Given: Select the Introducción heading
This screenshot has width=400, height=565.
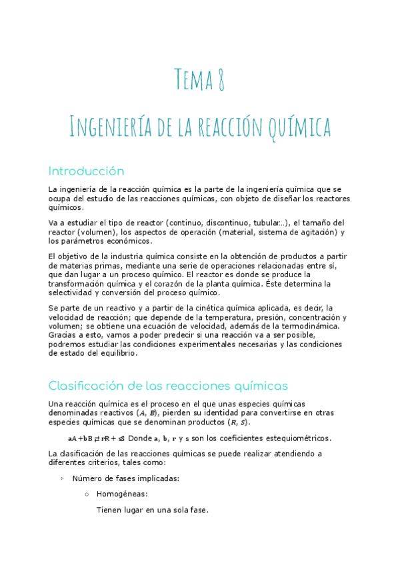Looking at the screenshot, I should pyautogui.click(x=87, y=171).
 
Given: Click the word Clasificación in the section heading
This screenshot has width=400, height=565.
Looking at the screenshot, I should pyautogui.click(x=88, y=386).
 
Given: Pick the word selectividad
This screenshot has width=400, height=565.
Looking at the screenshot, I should pyautogui.click(x=73, y=292).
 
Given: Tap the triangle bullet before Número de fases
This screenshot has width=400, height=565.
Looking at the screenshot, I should pyautogui.click(x=63, y=478).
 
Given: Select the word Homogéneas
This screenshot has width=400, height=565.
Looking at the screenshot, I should pyautogui.click(x=123, y=494).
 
